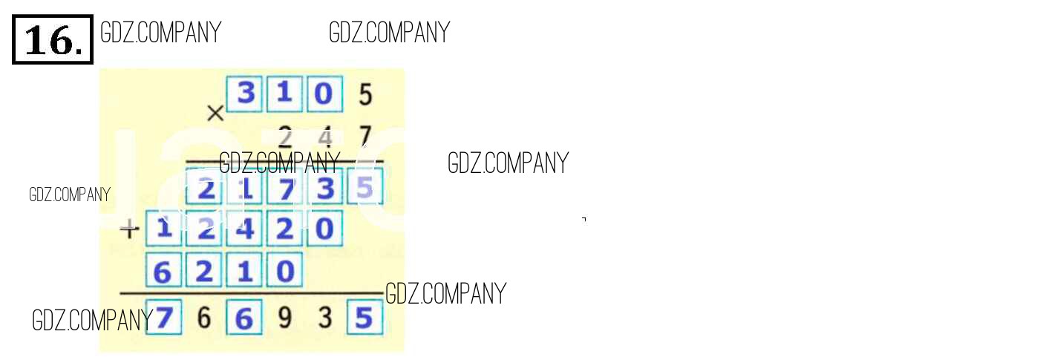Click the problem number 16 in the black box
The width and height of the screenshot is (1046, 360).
[x=53, y=40]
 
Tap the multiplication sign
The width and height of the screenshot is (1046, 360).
[x=215, y=114]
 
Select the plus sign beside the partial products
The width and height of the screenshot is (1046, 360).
[x=130, y=230]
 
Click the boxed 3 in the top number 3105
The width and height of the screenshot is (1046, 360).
[x=244, y=94]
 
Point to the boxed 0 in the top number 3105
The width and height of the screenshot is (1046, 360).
[x=324, y=94]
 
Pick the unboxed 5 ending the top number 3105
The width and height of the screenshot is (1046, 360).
[x=365, y=95]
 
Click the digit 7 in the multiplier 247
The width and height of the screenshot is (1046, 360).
[x=365, y=137]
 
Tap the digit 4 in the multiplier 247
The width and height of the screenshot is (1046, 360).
[x=324, y=137]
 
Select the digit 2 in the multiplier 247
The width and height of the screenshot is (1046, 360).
[x=284, y=137]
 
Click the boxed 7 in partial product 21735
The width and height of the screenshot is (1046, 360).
[x=284, y=189]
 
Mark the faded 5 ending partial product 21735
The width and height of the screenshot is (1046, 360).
[x=365, y=189]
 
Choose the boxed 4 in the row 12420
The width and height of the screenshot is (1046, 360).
[x=244, y=229]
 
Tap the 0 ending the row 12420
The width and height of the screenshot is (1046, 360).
[x=324, y=229]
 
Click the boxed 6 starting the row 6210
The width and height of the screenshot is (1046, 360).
[x=163, y=272]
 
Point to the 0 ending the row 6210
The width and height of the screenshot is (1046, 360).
[x=284, y=272]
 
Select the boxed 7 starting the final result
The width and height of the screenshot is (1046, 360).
[x=164, y=319]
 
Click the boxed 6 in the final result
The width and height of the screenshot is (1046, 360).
[x=244, y=319]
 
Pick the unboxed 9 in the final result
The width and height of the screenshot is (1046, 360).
[x=284, y=319]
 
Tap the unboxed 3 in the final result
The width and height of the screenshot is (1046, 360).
[x=324, y=319]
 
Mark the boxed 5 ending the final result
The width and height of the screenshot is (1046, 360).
[x=365, y=319]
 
